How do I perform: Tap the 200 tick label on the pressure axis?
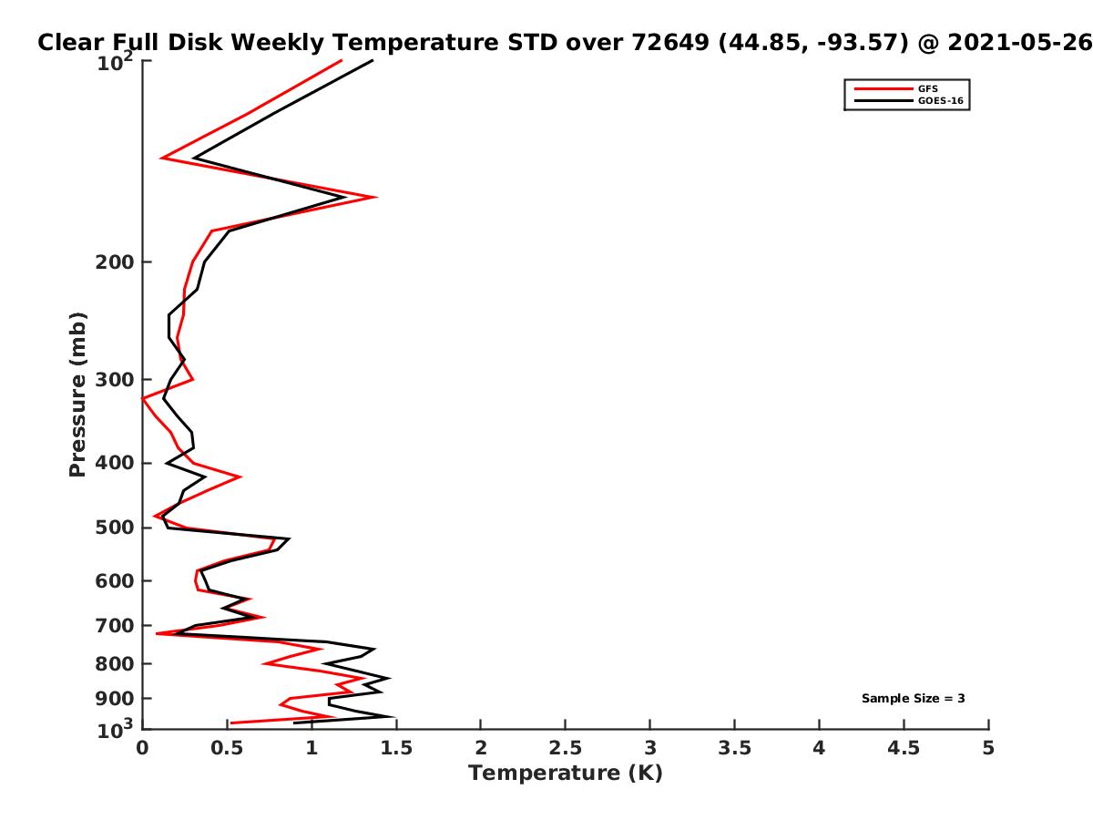(115, 261)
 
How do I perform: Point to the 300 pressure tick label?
(115, 379)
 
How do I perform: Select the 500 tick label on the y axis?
(115, 528)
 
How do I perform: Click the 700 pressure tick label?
(115, 625)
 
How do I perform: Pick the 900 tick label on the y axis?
(115, 699)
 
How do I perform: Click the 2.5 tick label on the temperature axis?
(565, 748)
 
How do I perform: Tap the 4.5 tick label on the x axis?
(904, 748)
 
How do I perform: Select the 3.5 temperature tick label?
(734, 748)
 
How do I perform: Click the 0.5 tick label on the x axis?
(227, 748)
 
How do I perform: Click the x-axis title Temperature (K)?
(566, 774)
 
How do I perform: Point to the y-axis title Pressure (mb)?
(77, 395)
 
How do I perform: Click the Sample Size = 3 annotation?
(913, 698)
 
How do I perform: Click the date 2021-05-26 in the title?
(1019, 43)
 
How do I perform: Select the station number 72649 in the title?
(669, 43)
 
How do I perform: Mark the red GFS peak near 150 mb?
(375, 197)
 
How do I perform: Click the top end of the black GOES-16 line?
(372, 61)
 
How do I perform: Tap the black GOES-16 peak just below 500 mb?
(289, 538)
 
